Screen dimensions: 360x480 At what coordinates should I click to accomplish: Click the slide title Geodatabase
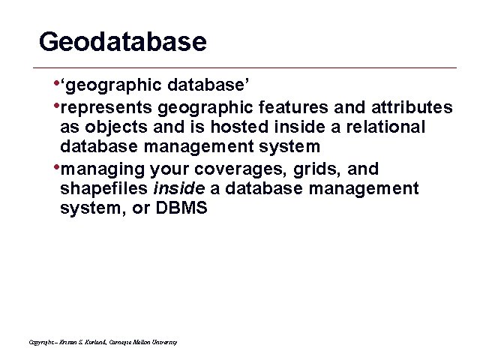coord(122,41)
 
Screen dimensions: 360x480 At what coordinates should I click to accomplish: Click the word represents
coord(106,107)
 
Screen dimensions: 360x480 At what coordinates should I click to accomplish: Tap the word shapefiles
coord(103,187)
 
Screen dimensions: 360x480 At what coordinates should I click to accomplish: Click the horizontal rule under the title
coord(247,67)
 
